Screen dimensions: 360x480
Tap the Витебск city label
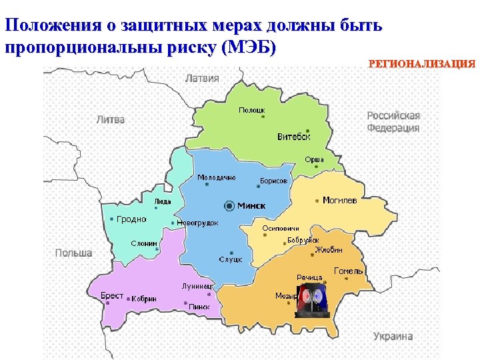[x=294, y=137]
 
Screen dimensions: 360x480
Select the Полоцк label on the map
[x=252, y=109]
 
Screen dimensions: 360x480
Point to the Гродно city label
[x=131, y=219]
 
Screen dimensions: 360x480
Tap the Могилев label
[x=339, y=200]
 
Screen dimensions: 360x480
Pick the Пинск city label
[x=199, y=307]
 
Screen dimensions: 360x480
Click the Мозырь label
[x=286, y=295]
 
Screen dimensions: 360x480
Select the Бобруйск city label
[x=303, y=239]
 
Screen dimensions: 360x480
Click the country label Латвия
[x=202, y=77]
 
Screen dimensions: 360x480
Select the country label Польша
[x=73, y=253]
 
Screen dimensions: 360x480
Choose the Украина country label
[x=393, y=337]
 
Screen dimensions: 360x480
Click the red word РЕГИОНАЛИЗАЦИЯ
[x=421, y=64]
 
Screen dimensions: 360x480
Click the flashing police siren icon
[x=313, y=301]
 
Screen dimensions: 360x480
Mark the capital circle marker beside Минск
[x=230, y=205]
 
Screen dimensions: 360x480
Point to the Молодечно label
[x=216, y=178]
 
